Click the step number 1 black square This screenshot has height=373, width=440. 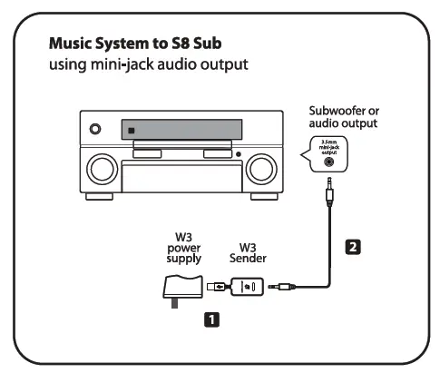pos(210,319)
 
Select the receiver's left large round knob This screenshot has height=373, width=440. pos(102,169)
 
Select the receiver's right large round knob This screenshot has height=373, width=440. pos(261,169)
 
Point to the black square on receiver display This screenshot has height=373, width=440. pos(132,129)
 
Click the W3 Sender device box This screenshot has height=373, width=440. pos(246,288)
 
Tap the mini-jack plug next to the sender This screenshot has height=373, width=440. pos(278,289)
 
